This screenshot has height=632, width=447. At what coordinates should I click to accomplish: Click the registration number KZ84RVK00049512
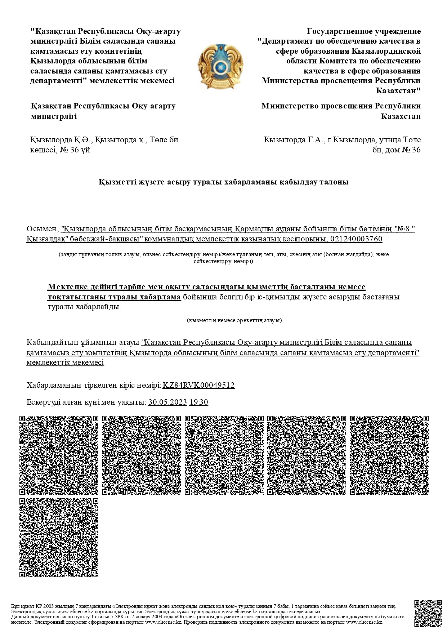pos(198,385)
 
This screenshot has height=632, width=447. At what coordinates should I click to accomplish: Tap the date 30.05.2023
pos(167,402)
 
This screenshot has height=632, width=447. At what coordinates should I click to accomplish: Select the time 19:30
pos(199,402)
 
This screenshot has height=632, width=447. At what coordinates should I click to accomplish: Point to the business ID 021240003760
pos(356,239)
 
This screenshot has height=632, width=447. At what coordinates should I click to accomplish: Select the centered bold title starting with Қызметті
pos(223,182)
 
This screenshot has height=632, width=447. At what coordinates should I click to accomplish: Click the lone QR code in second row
pos(59,538)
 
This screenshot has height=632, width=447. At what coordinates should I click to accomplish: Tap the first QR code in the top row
pos(59,455)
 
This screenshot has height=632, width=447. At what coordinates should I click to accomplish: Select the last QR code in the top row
pos(389,455)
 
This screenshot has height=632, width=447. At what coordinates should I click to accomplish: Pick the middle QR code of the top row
pos(224,455)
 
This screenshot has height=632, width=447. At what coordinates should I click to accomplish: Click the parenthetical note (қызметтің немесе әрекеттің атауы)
pos(234,320)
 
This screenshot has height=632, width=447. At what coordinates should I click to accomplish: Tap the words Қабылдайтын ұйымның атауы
pos(83,342)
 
